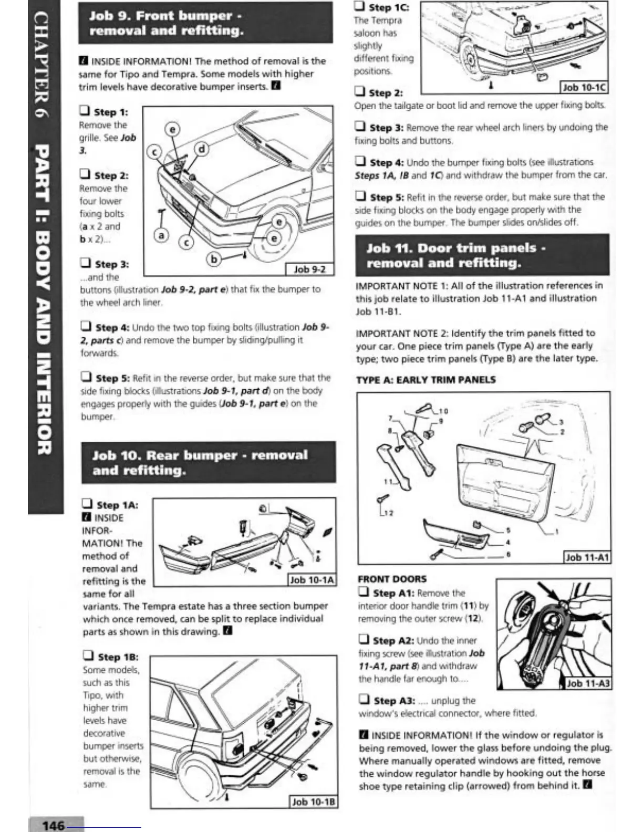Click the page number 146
53,825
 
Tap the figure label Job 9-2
309,269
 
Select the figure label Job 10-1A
313,579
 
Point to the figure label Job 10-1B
313,802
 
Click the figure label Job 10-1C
584,87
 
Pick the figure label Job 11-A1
587,557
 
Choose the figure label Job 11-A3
588,683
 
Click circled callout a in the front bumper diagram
161,236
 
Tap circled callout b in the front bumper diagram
213,259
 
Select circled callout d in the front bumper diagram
202,149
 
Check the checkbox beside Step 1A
88,504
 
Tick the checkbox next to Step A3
364,700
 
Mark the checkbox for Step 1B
89,656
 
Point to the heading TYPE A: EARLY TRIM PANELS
426,380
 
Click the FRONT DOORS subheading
392,579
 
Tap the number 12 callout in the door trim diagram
388,513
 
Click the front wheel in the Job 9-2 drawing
273,231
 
